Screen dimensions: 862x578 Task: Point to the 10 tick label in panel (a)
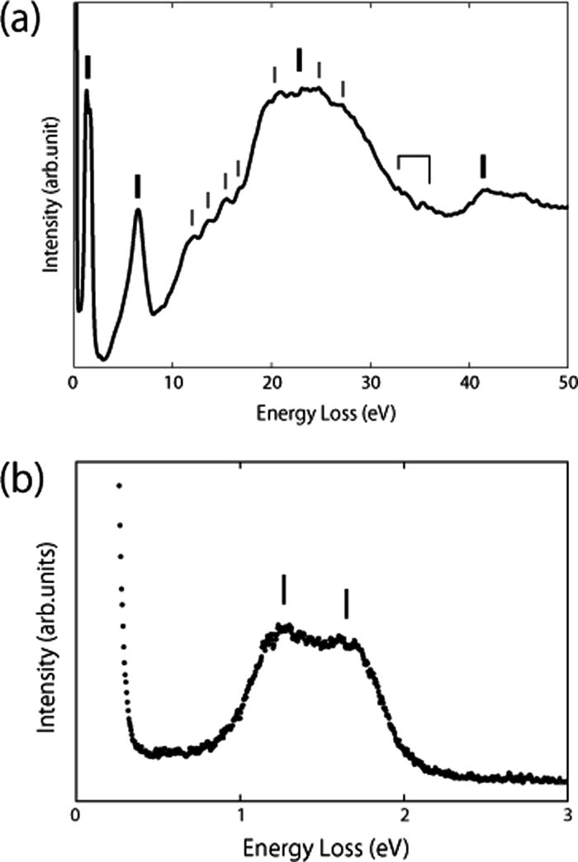tap(172, 383)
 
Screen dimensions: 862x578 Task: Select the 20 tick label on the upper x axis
tap(271, 383)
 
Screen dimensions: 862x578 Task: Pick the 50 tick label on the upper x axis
tap(566, 383)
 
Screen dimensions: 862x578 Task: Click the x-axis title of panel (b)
tap(322, 847)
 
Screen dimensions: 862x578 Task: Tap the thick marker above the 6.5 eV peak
tap(138, 186)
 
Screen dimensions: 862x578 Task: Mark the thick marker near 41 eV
tap(483, 166)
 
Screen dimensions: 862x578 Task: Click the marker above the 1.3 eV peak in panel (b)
tap(283, 590)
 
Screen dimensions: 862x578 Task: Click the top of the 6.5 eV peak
tap(138, 210)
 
